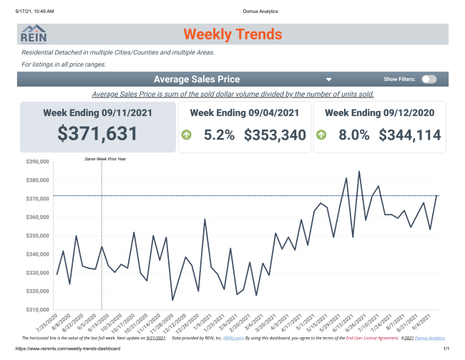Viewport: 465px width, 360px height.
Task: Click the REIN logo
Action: pyautogui.click(x=34, y=34)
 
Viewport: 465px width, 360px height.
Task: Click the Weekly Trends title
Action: pyautogui.click(x=232, y=34)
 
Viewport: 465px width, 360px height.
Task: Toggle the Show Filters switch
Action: pyautogui.click(x=429, y=79)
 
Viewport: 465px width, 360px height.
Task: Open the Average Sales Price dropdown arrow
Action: pyautogui.click(x=328, y=80)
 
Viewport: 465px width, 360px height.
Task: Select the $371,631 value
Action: pyautogui.click(x=97, y=134)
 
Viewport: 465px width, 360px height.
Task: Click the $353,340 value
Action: pyautogui.click(x=275, y=135)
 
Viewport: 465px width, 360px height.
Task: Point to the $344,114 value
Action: pyautogui.click(x=410, y=135)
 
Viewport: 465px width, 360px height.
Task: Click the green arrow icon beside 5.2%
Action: pyautogui.click(x=187, y=135)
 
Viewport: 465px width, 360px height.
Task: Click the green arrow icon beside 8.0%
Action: pyautogui.click(x=322, y=135)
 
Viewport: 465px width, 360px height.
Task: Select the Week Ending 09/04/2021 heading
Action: pyautogui.click(x=244, y=113)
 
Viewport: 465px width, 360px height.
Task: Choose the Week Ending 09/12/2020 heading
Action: pyautogui.click(x=379, y=113)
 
